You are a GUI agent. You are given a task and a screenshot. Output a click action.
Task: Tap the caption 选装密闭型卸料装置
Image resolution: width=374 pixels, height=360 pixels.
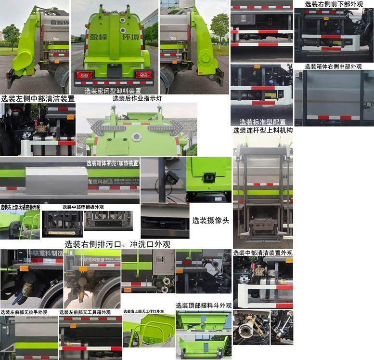(113, 91)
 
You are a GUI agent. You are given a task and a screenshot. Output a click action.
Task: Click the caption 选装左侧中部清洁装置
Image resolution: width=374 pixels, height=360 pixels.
(38, 99)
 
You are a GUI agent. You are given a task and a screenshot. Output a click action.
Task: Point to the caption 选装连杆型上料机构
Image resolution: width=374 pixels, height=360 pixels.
(263, 130)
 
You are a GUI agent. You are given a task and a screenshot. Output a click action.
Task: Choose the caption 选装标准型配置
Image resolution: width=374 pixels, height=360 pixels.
(262, 122)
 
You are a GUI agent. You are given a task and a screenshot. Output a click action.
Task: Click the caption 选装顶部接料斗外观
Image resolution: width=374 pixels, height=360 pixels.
(204, 306)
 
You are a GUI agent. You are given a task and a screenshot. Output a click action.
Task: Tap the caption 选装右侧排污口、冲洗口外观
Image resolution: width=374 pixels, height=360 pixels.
(117, 244)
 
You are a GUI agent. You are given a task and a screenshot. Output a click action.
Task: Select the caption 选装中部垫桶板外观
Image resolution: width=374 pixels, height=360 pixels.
(83, 207)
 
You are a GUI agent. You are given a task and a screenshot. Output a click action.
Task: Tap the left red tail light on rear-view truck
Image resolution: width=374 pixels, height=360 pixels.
(85, 75)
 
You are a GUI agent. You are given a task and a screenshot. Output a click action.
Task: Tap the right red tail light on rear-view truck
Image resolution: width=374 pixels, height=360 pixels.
(143, 75)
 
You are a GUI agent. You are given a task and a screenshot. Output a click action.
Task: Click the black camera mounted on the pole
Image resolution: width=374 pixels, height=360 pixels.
(172, 177)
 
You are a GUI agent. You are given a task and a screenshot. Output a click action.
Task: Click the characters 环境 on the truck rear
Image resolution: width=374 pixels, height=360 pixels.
(131, 38)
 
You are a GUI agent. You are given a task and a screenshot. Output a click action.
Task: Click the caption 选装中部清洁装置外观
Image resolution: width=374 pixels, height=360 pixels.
(263, 253)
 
